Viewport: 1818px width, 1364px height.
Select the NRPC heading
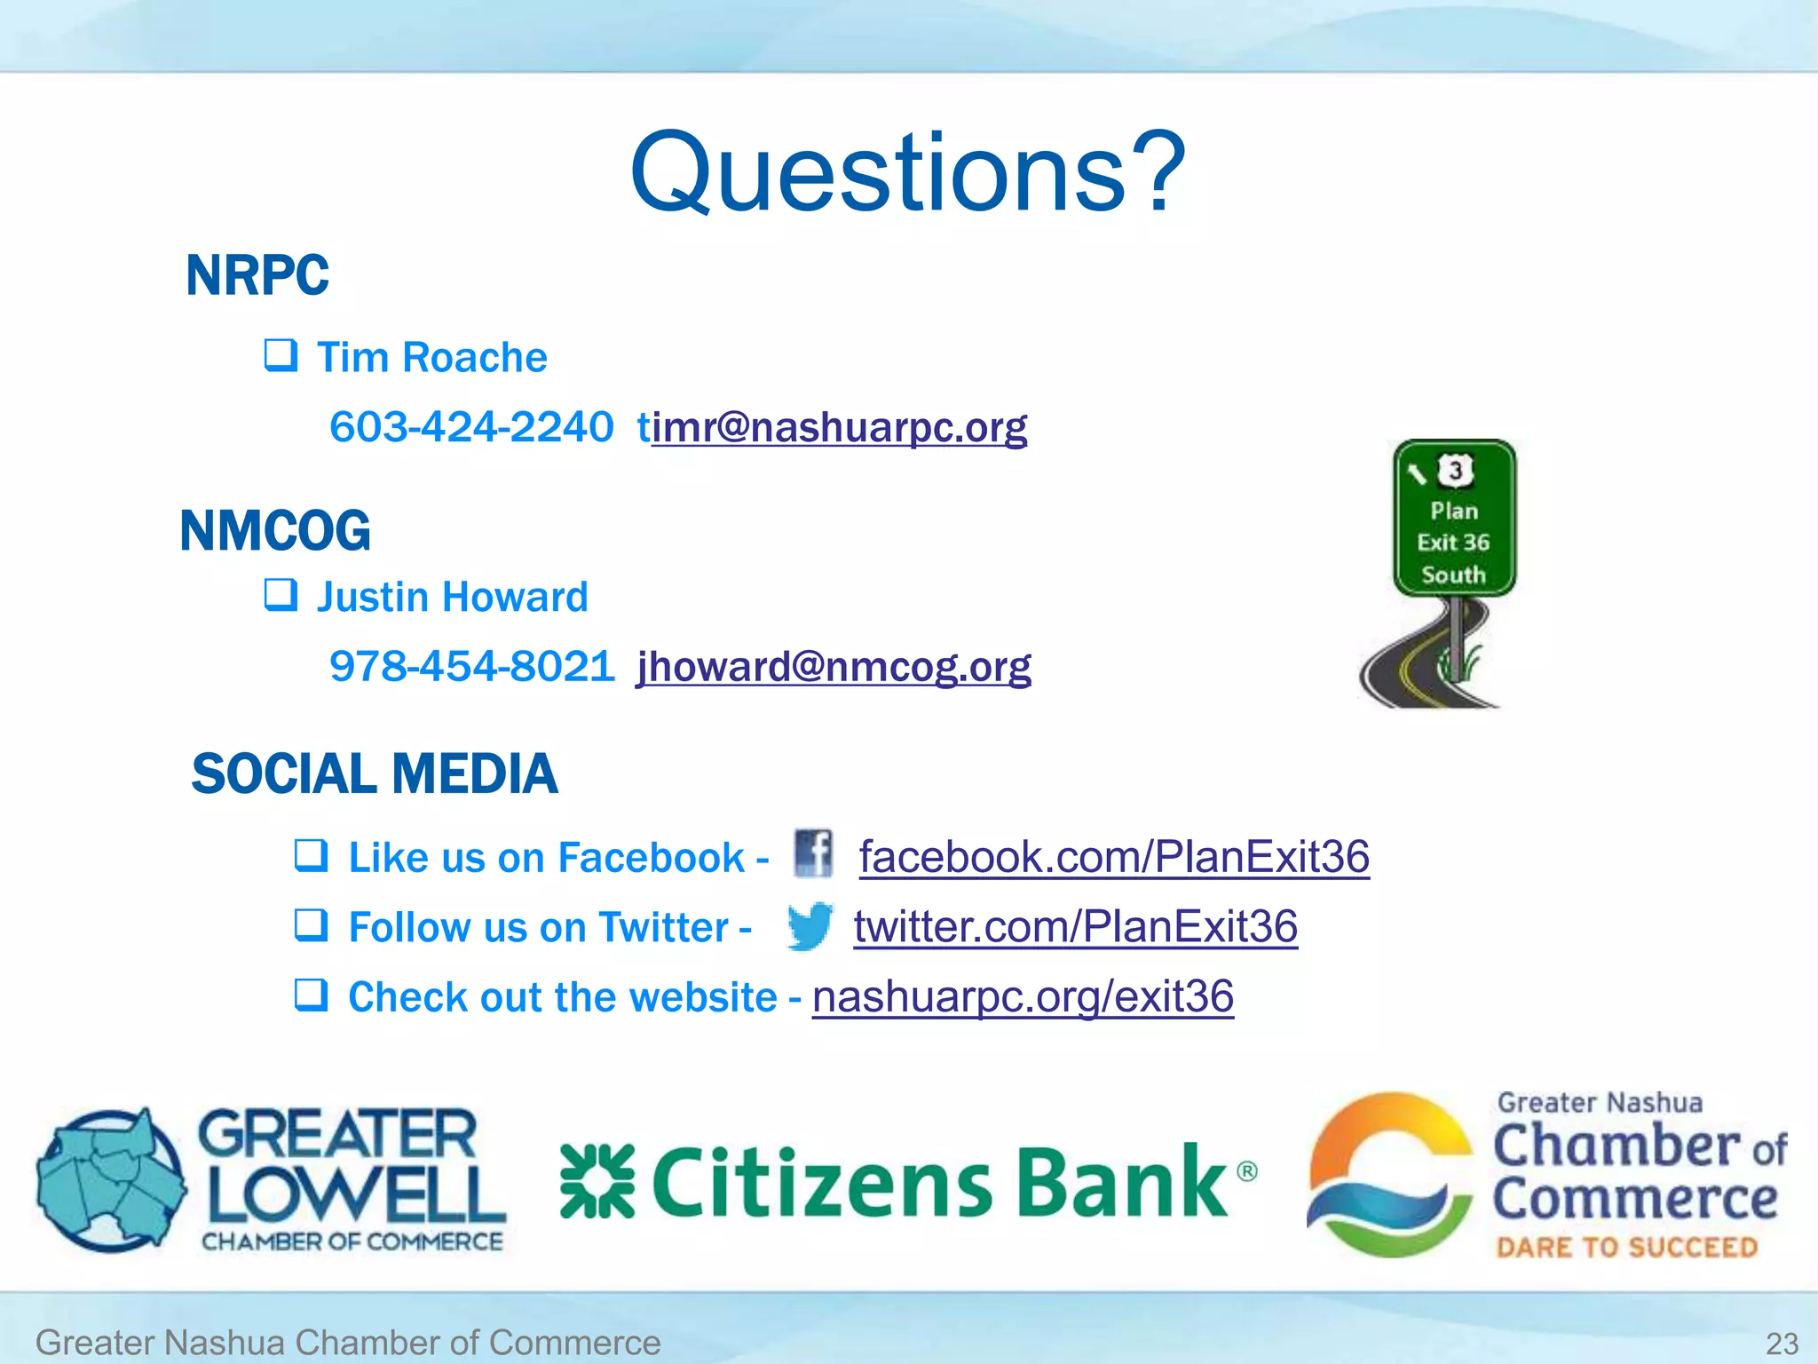tap(257, 275)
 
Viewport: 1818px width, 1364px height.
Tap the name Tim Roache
tap(431, 358)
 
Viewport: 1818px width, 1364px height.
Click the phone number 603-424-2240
tap(471, 427)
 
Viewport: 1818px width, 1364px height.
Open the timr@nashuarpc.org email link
tap(833, 427)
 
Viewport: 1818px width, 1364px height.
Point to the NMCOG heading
tap(275, 531)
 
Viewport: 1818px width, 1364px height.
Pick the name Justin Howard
tap(453, 597)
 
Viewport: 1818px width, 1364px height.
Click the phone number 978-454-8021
tap(472, 666)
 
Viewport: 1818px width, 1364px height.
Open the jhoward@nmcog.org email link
tap(834, 666)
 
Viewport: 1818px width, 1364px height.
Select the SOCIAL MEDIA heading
tap(375, 773)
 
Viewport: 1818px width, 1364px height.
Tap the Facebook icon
tap(813, 853)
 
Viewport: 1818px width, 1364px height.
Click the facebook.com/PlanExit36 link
tap(1114, 857)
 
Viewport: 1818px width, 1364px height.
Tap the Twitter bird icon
tap(810, 926)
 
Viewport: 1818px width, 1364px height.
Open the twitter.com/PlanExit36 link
tap(1076, 926)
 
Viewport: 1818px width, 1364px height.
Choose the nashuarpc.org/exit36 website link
tap(1023, 996)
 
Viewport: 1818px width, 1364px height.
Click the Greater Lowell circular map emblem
tap(111, 1179)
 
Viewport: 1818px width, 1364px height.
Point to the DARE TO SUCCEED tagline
tap(1626, 1247)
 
